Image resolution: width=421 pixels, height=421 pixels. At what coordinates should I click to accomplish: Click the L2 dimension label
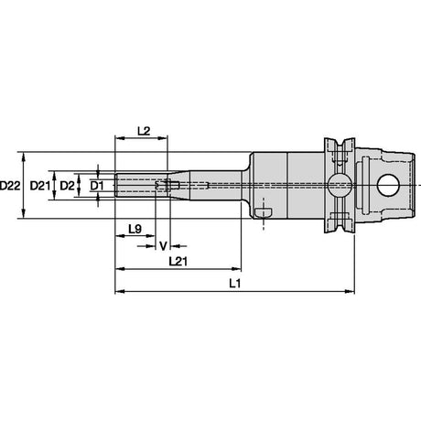click(144, 131)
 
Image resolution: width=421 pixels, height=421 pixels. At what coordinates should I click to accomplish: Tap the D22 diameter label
click(10, 186)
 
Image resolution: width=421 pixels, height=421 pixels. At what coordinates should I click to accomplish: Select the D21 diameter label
click(39, 186)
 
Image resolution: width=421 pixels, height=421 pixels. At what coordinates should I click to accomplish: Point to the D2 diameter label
click(67, 186)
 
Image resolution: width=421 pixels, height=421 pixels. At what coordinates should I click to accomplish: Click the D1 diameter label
click(97, 186)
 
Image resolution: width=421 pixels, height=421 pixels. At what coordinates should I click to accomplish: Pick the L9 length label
click(135, 229)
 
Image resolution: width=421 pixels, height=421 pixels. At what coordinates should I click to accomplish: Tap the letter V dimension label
click(163, 246)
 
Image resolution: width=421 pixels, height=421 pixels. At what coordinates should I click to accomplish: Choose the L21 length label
click(178, 262)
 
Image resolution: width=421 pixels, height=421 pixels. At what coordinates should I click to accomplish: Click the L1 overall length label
click(235, 284)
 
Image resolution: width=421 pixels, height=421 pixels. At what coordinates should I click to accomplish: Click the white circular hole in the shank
click(388, 185)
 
